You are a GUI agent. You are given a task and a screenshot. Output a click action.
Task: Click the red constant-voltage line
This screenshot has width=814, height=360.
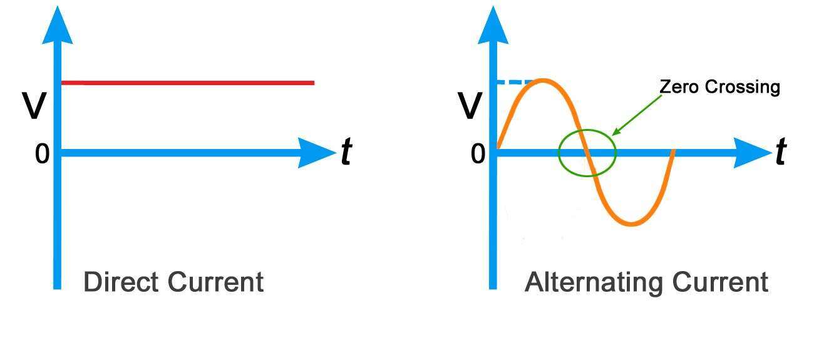[187, 83]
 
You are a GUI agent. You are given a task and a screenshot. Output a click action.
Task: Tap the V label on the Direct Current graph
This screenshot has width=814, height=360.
[34, 106]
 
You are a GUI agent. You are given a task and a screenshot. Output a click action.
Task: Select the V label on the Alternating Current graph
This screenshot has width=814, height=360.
[470, 106]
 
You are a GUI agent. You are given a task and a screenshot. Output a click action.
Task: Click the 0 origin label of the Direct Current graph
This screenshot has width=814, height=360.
[42, 153]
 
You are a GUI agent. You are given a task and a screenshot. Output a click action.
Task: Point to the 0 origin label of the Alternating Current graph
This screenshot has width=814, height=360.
[478, 153]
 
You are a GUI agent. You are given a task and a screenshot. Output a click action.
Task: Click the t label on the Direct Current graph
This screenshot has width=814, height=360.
[347, 152]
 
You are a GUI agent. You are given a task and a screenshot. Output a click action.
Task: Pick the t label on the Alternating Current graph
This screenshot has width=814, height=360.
[781, 152]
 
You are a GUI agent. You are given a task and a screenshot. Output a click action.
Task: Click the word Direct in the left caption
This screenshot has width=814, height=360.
[121, 282]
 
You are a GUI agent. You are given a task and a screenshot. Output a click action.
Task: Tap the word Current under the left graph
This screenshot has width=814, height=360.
[216, 282]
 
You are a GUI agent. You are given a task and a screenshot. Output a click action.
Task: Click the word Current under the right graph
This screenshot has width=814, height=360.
[720, 282]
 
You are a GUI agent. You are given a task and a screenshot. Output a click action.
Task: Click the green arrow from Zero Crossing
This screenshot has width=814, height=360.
[637, 115]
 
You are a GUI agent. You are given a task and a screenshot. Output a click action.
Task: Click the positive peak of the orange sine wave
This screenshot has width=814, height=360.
[542, 81]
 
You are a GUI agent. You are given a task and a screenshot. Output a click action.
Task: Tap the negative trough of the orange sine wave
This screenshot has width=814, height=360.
[632, 224]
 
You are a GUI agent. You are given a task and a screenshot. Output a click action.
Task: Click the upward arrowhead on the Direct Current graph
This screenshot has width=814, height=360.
[58, 26]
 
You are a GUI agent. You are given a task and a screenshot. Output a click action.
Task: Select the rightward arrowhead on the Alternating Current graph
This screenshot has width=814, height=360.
[752, 153]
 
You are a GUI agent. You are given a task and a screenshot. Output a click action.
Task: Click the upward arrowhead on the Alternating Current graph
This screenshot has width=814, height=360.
[493, 26]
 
